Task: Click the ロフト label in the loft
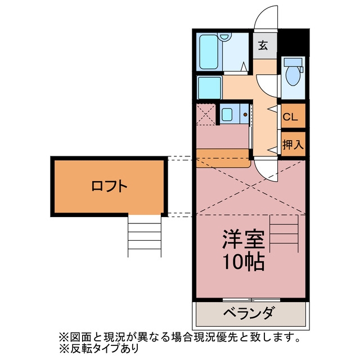109,186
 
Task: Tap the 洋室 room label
243,240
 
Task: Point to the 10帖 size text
243,262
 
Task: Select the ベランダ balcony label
249,313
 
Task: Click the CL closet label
290,117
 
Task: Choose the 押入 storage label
293,145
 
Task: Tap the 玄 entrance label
263,46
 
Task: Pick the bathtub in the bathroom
209,52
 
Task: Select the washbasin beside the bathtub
224,37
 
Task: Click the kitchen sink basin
227,114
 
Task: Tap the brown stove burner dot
245,114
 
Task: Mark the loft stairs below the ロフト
145,236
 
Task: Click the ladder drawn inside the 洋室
284,234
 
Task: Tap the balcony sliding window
251,300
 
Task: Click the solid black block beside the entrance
294,43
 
